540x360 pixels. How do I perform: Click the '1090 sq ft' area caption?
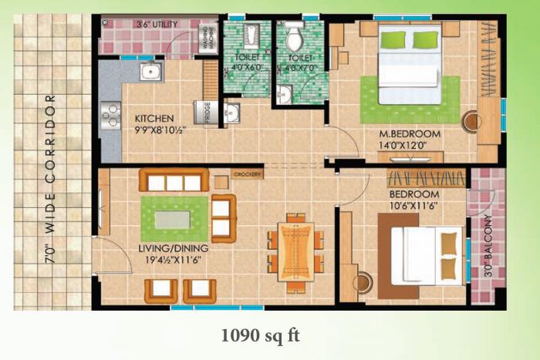(260, 335)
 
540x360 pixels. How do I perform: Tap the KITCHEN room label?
(154, 119)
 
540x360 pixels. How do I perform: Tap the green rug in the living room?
(174, 219)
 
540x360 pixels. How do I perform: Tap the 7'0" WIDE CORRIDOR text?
(50, 179)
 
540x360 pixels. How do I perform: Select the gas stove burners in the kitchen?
(110, 114)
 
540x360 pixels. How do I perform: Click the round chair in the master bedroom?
(472, 121)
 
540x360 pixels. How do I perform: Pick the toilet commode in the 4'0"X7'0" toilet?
(295, 37)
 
